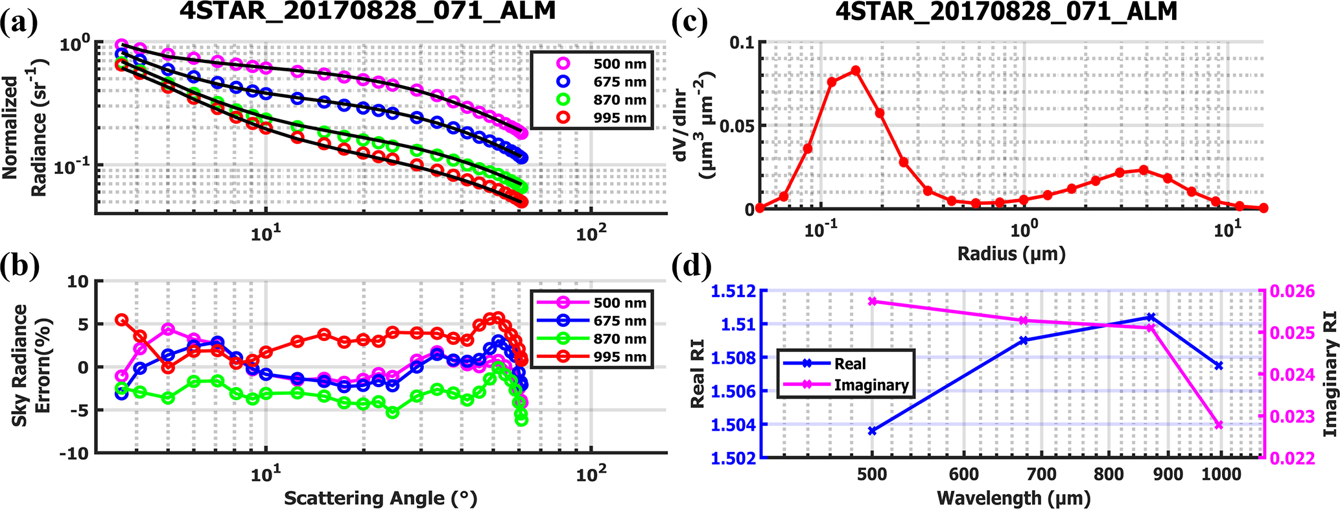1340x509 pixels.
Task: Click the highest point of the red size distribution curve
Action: pyautogui.click(x=856, y=70)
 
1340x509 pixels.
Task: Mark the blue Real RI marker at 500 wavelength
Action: pyautogui.click(x=872, y=431)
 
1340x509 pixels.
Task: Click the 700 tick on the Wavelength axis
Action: pyautogui.click(x=1042, y=474)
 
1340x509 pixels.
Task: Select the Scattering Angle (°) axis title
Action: pyautogui.click(x=381, y=498)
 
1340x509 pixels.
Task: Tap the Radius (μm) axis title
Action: pyautogui.click(x=1011, y=253)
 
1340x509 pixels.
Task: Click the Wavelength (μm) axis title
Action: pyautogui.click(x=1013, y=498)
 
